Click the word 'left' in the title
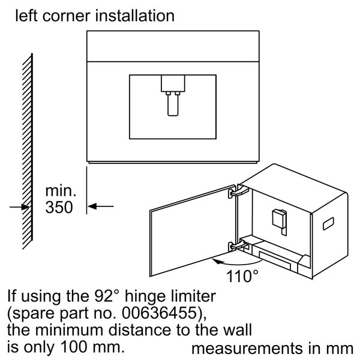[26, 16]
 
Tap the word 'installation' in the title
[134, 16]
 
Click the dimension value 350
[59, 208]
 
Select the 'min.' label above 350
[61, 191]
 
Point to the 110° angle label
[242, 276]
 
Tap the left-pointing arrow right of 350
[101, 206]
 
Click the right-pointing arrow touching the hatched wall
[20, 207]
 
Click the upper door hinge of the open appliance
[238, 191]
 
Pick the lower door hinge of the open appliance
[238, 245]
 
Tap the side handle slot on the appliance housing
[328, 224]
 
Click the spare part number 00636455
[160, 313]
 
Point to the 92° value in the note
[107, 296]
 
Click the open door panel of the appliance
[193, 231]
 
